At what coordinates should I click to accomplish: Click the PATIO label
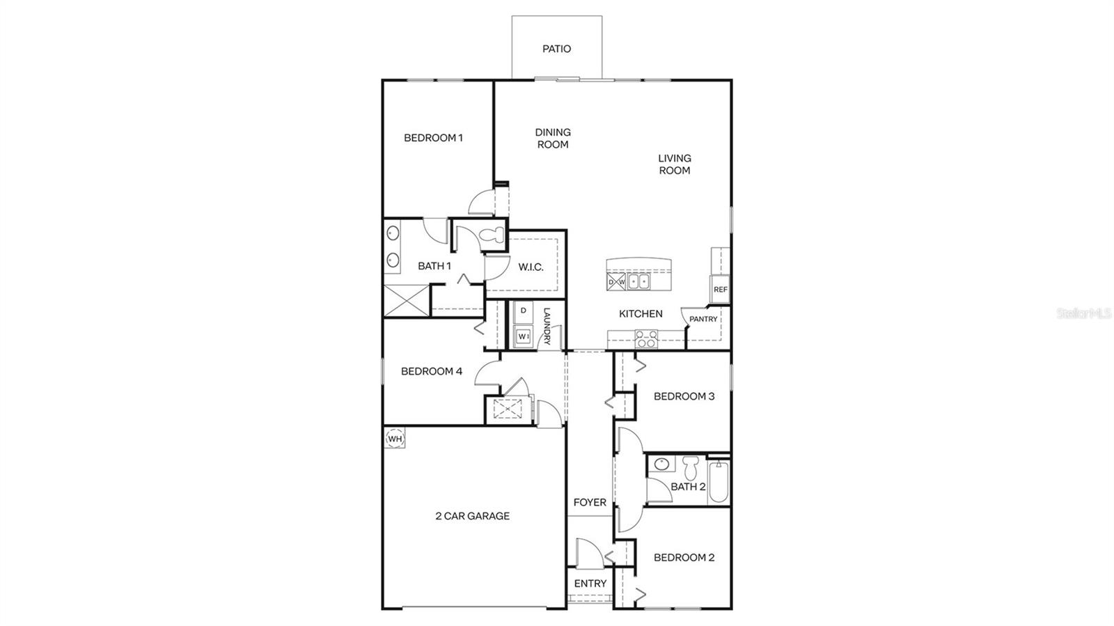click(x=556, y=49)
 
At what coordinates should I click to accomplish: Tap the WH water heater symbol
click(x=395, y=439)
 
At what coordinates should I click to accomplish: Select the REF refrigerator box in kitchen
click(x=720, y=289)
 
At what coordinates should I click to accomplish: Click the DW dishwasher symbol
click(x=616, y=282)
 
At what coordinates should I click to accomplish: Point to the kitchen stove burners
click(x=647, y=340)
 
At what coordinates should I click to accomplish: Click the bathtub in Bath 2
click(x=719, y=481)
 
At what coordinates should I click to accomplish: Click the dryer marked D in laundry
click(x=523, y=311)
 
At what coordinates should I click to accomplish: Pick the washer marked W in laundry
click(x=523, y=337)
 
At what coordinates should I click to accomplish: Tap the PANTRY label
click(x=703, y=319)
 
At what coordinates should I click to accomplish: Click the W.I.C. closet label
click(x=531, y=267)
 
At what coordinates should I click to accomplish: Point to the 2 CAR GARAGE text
click(x=472, y=516)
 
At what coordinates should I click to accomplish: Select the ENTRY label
click(x=590, y=584)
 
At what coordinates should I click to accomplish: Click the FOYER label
click(x=590, y=502)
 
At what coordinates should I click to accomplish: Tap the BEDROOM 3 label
click(x=684, y=396)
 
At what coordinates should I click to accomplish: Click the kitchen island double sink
click(x=638, y=281)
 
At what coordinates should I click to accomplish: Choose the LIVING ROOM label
click(x=674, y=164)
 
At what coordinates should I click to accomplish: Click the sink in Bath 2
click(x=662, y=464)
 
